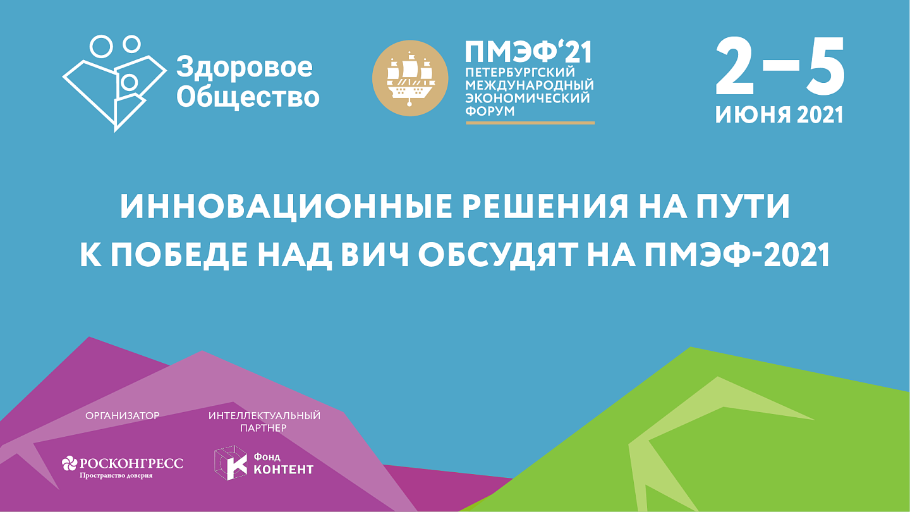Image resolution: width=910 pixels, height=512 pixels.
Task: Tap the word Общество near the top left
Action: coord(248,97)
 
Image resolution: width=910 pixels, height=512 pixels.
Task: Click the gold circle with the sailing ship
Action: coord(410,78)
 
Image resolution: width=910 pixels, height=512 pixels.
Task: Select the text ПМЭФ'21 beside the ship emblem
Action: coord(528,52)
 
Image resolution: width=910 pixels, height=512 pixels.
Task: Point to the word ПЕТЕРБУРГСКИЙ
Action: coord(521,72)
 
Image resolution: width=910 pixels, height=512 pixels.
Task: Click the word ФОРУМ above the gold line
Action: coord(490,111)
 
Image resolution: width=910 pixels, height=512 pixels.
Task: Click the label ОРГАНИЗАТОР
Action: coord(123,416)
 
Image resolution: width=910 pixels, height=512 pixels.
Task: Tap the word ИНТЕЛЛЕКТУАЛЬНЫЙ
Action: coord(264,416)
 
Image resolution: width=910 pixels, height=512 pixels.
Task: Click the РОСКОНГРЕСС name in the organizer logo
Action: coord(131,463)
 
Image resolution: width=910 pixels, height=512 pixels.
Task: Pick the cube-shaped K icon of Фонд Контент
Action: coord(230,463)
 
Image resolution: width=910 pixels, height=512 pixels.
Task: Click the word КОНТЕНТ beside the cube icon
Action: coord(284,470)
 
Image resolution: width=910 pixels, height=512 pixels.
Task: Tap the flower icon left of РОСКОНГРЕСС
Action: coord(70,463)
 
